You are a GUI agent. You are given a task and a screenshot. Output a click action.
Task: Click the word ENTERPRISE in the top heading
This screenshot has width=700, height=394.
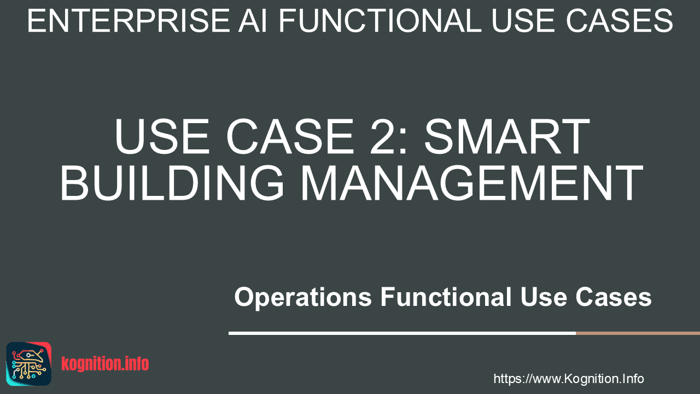pos(129,21)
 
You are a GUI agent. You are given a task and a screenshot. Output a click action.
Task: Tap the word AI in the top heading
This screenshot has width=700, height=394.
pos(253,21)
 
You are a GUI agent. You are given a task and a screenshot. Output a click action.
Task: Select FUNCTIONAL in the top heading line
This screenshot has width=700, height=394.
pos(380,21)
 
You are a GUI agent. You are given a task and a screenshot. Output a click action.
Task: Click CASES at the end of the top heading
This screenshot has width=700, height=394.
pos(620,21)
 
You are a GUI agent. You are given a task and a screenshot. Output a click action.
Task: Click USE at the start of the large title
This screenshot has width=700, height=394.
pos(162,136)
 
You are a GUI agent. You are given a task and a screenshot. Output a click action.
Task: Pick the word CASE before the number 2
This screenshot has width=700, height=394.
pos(290,136)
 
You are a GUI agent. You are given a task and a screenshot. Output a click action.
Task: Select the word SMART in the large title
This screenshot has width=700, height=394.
pos(507,136)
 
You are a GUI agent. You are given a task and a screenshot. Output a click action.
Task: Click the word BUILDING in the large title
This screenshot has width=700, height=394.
pos(172,183)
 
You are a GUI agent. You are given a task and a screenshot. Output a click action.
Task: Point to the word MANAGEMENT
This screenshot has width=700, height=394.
pos(471,183)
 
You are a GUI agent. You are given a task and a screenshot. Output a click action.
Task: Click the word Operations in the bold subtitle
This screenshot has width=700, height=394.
pos(303,297)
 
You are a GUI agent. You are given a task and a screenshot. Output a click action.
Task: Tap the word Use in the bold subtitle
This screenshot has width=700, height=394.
pos(544,297)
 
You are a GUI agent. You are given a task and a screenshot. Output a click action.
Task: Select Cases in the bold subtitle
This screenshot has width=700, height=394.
pos(614,297)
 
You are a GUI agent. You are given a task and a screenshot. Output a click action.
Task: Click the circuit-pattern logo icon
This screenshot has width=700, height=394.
pos(29,364)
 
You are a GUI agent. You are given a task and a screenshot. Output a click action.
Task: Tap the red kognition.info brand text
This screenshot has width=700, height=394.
pos(105,364)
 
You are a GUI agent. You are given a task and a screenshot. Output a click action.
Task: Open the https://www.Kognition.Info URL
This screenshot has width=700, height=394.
pos(569,379)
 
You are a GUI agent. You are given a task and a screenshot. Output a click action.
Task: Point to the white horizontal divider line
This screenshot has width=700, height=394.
pos(402,333)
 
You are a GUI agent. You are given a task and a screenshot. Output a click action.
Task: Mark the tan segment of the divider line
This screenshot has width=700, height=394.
pos(638,333)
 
